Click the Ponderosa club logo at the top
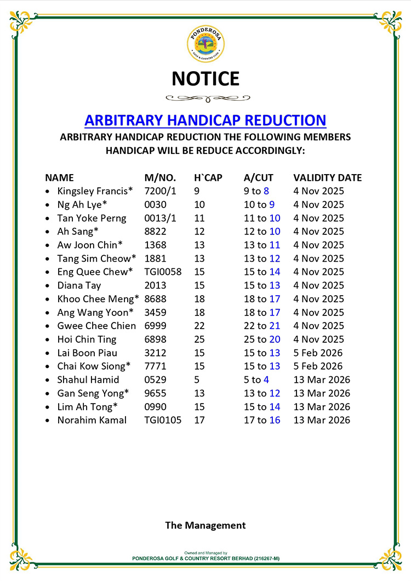click(x=206, y=44)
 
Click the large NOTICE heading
click(x=206, y=79)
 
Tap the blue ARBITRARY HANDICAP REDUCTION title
click(x=206, y=120)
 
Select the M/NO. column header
click(x=160, y=177)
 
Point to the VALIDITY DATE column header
click(x=327, y=177)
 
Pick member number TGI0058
click(x=163, y=272)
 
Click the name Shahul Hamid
click(x=88, y=379)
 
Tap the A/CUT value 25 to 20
click(x=262, y=340)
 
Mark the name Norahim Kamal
click(x=92, y=420)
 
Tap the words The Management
click(x=206, y=525)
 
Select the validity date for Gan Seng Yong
click(x=321, y=393)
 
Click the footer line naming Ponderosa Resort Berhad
click(x=206, y=558)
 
